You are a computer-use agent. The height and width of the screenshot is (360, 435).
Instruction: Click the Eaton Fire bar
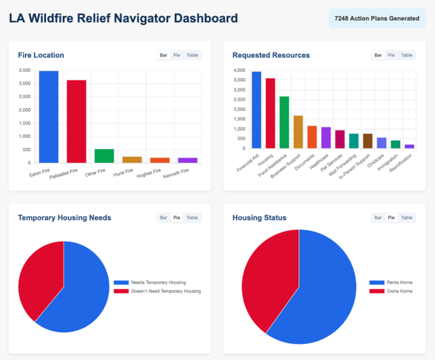[x=49, y=117]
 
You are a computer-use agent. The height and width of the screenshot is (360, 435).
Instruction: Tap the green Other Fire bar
[x=104, y=156]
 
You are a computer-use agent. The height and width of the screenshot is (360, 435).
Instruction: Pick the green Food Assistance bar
[x=284, y=122]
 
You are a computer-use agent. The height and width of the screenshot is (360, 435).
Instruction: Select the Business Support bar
[x=298, y=132]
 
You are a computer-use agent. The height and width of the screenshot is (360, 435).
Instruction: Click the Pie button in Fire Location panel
[x=177, y=55]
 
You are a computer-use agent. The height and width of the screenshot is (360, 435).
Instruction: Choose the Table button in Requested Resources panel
[x=406, y=55]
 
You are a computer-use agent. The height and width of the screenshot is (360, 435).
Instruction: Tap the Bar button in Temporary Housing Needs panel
[x=162, y=218]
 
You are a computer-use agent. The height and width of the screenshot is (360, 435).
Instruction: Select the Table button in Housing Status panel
[x=406, y=218]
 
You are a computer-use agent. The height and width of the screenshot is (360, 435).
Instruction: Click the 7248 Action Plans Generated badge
[x=377, y=18]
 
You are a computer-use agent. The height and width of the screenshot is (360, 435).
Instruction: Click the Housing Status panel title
[x=259, y=218]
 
